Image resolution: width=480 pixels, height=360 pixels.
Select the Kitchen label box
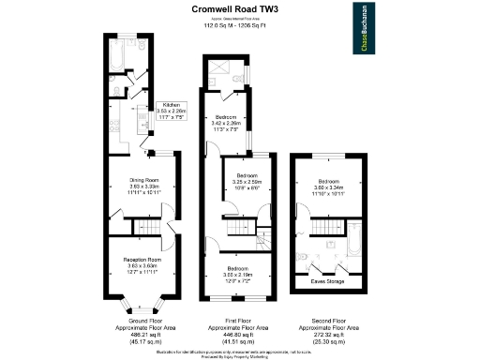pyautogui.click(x=171, y=112)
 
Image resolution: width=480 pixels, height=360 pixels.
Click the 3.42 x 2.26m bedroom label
pyautogui.click(x=226, y=123)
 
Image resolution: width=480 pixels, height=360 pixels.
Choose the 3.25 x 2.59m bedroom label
pyautogui.click(x=247, y=181)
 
